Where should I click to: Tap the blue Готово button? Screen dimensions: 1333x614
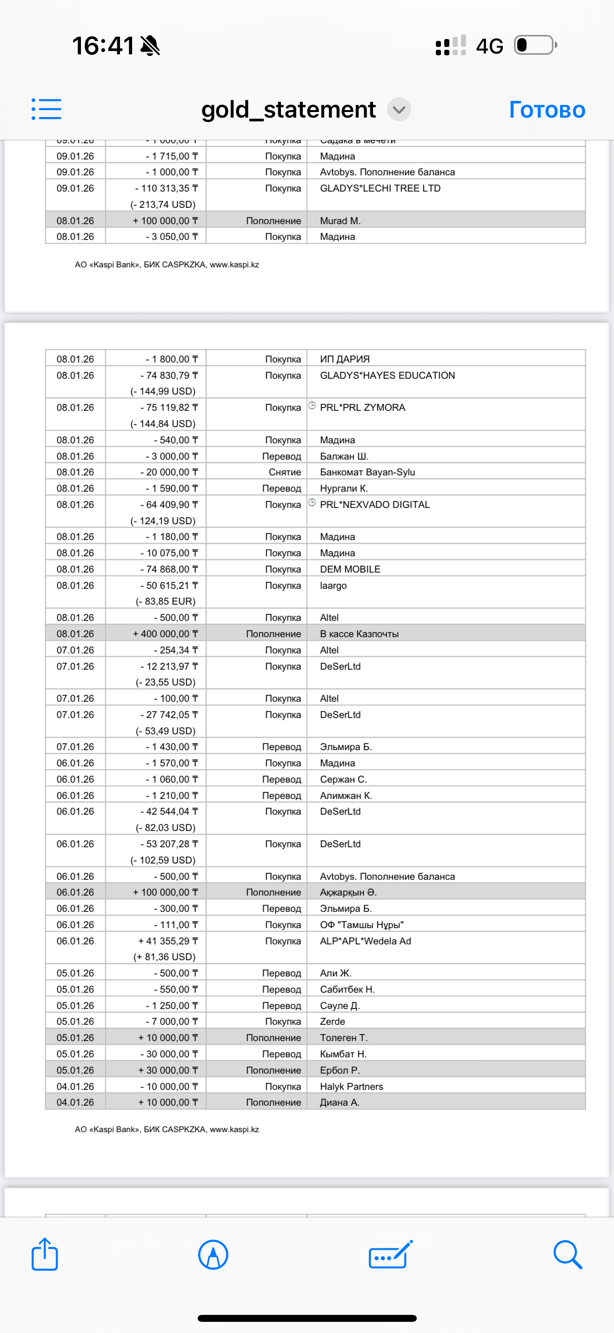[x=547, y=110]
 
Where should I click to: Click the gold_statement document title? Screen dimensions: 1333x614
[x=288, y=110]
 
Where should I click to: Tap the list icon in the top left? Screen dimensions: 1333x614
[x=47, y=109]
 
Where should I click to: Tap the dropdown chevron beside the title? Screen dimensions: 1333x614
[x=399, y=110]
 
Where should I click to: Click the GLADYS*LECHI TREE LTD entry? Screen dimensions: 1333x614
[x=380, y=188]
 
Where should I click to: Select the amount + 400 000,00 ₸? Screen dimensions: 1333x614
[x=165, y=634]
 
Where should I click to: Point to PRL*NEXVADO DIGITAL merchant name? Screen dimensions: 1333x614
[x=375, y=505]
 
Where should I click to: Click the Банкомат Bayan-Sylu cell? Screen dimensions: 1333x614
[x=367, y=472]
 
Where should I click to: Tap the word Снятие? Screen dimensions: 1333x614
[x=284, y=472]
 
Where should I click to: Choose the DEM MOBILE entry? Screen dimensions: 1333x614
[x=350, y=569]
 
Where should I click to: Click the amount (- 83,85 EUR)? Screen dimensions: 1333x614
[x=165, y=601]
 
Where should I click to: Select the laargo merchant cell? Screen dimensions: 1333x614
[x=333, y=585]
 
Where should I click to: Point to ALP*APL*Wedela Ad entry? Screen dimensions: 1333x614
[x=365, y=941]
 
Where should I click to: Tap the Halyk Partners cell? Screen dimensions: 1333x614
[x=351, y=1086]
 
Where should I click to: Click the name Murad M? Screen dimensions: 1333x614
[x=340, y=221]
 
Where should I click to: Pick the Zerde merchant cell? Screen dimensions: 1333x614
[x=333, y=1022]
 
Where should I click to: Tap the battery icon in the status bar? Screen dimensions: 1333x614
[x=535, y=46]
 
